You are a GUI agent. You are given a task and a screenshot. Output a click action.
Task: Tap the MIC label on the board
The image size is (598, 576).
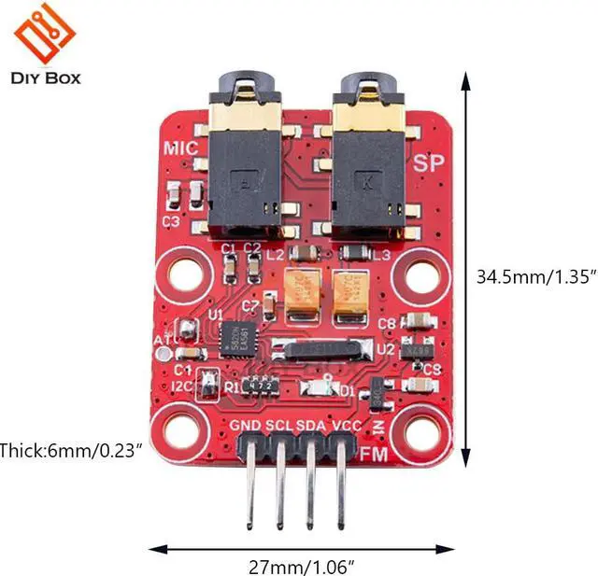178,147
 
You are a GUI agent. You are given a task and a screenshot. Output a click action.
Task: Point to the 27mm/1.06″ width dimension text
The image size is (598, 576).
302,563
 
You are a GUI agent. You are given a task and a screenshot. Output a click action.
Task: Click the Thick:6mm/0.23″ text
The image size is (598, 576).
71,450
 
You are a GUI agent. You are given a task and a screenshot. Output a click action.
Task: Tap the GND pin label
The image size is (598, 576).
246,426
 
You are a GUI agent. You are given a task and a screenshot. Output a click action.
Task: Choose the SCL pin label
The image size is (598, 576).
278,426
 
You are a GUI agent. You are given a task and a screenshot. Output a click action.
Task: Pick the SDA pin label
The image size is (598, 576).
311,426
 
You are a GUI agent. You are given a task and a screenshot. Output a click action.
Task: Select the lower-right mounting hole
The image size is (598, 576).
420,430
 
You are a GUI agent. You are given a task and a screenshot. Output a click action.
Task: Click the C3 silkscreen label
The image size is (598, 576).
170,222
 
